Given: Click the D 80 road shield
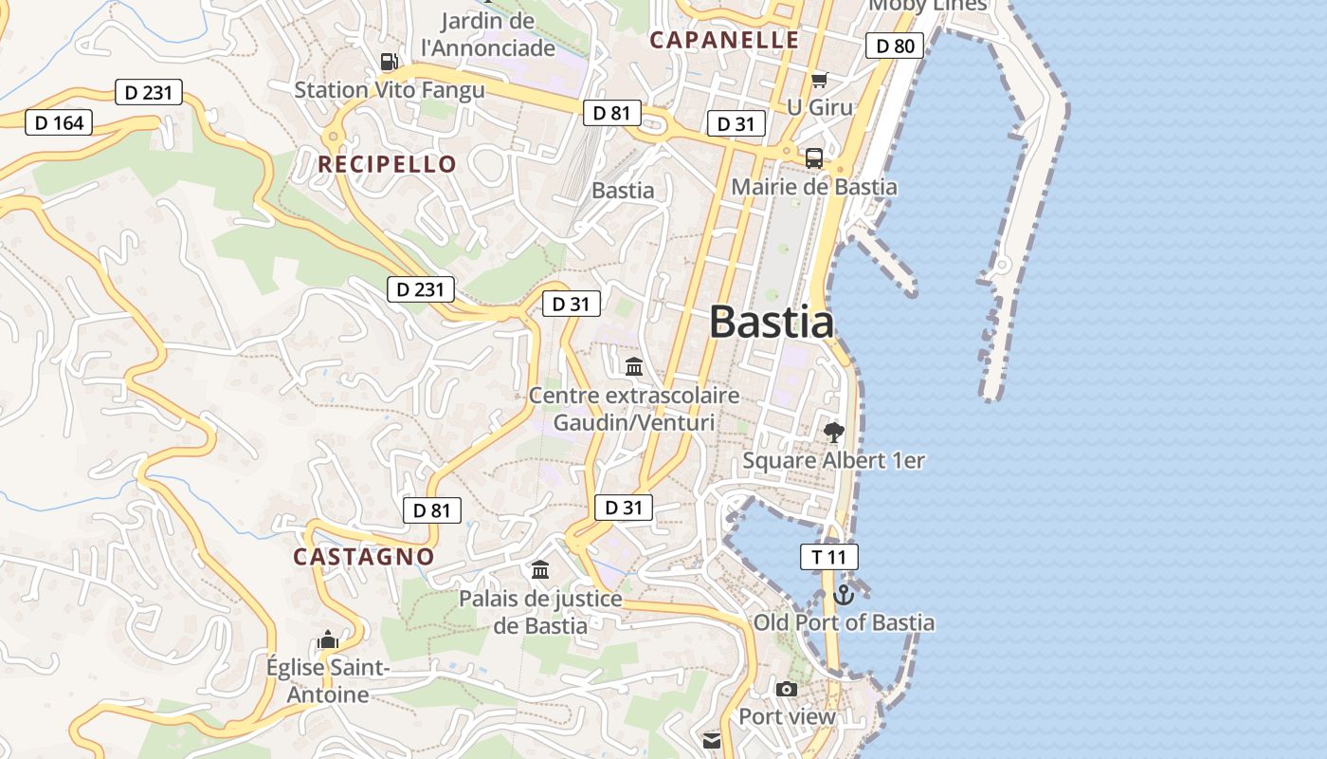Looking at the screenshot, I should pyautogui.click(x=895, y=46).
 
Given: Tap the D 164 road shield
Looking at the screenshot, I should pyautogui.click(x=59, y=121).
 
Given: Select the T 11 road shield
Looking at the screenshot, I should pyautogui.click(x=829, y=557).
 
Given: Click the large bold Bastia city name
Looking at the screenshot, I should pyautogui.click(x=772, y=323).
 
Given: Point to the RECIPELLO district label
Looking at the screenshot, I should pyautogui.click(x=387, y=164).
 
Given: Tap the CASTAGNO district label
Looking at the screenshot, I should pyautogui.click(x=364, y=557).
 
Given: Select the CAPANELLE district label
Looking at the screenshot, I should pyautogui.click(x=724, y=40).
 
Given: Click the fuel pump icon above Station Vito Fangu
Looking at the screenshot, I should pyautogui.click(x=389, y=63).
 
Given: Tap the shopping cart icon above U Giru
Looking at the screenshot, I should pyautogui.click(x=819, y=81).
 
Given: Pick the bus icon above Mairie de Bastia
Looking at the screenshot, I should pyautogui.click(x=814, y=158).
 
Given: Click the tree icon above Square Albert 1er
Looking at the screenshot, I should pyautogui.click(x=834, y=433).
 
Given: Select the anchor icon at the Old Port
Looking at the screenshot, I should pyautogui.click(x=843, y=595).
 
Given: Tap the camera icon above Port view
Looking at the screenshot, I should pyautogui.click(x=787, y=689).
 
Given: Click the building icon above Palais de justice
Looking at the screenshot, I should pyautogui.click(x=540, y=569).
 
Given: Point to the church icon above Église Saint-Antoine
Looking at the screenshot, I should pyautogui.click(x=328, y=639).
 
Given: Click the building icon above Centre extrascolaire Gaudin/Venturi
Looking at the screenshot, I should pyautogui.click(x=634, y=366).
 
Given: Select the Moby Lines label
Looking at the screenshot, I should pyautogui.click(x=928, y=5).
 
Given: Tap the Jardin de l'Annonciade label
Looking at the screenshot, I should pyautogui.click(x=488, y=34).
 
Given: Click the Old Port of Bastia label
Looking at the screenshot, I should pyautogui.click(x=844, y=623).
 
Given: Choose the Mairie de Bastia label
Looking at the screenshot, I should pyautogui.click(x=813, y=187).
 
